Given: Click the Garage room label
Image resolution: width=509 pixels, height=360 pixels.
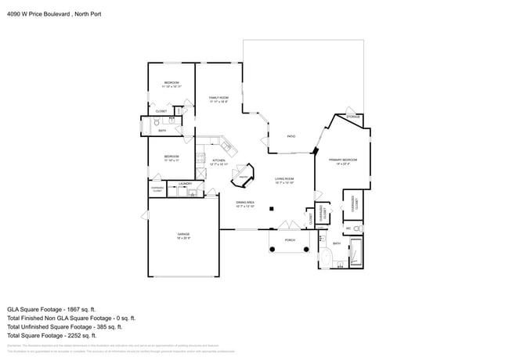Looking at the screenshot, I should coord(182,235).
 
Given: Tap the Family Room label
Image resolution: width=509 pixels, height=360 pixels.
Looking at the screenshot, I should coord(218,99).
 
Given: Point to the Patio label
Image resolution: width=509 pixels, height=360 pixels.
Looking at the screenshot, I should coord(291,137).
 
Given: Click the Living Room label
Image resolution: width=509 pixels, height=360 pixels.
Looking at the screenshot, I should coord(283,180).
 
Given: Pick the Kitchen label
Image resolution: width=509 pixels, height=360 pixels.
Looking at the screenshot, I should coord(218,162).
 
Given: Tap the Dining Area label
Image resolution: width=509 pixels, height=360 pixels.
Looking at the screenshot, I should coord(246,204).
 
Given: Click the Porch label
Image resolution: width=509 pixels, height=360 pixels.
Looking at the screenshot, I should coord(290,239).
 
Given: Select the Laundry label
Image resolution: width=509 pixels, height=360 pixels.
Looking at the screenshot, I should coord(185,184).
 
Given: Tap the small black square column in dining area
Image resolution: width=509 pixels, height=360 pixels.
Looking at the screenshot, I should coord(271,209).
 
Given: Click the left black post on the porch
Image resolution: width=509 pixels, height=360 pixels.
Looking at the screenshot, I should coord(272,249).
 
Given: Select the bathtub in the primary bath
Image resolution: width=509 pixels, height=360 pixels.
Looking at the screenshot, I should coord(356,253).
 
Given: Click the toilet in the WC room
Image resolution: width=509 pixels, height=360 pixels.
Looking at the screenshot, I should coord(356,229).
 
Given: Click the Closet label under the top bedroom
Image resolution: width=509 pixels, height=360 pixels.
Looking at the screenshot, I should coord(161,111).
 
